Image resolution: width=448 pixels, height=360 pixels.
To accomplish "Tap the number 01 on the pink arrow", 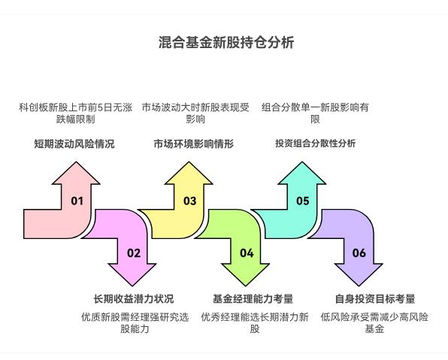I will point(77,201).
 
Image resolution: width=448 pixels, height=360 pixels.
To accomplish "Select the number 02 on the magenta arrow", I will point(133,253).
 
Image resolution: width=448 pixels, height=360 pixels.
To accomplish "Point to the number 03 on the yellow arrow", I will point(189,201).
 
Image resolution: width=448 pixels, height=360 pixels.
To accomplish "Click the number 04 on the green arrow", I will point(247,253).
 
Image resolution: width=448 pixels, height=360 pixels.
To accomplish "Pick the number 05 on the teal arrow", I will point(302,201).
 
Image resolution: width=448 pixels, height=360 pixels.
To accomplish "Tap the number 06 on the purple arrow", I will point(359,253).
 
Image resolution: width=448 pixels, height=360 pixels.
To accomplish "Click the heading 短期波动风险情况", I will point(74,144).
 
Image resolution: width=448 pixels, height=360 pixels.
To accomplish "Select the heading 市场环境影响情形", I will point(194,144).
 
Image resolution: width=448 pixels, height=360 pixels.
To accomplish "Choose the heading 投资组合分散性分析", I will point(316,144).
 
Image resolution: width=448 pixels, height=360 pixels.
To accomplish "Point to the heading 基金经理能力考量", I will point(253,298).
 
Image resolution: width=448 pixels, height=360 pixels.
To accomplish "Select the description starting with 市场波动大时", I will point(195,113).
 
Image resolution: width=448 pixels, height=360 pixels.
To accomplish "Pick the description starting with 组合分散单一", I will point(316,113).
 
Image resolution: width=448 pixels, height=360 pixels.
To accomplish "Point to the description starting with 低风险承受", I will point(374,323).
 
